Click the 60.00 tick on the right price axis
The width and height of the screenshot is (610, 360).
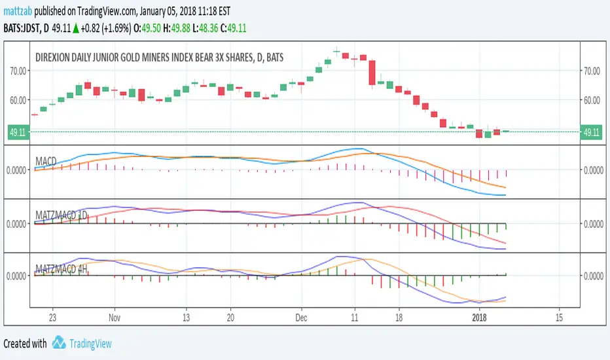coord(592,99)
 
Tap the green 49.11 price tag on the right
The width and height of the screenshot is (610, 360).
coord(592,132)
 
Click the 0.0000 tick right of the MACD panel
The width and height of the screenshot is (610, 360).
coord(592,170)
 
